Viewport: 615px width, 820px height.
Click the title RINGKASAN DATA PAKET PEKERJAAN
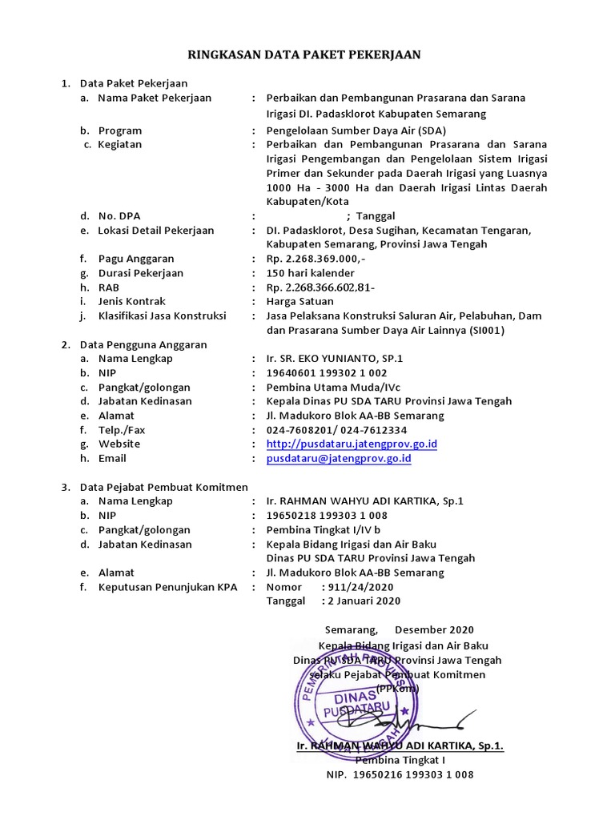tap(303, 54)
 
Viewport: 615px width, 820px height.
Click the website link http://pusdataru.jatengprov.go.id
tap(352, 444)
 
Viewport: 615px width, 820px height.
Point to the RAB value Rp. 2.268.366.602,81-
tap(320, 287)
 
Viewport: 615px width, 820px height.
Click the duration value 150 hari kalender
tap(310, 273)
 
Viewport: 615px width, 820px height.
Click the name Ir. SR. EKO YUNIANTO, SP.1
tap(335, 359)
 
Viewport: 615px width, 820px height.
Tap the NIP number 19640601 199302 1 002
tap(326, 373)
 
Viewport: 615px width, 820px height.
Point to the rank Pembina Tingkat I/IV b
tap(324, 530)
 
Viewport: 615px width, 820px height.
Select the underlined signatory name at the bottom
tap(400, 746)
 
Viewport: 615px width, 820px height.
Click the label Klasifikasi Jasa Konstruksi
tap(163, 316)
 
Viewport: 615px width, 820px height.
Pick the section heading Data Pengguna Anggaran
tap(143, 344)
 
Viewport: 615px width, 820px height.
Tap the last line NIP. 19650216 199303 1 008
tap(400, 775)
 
